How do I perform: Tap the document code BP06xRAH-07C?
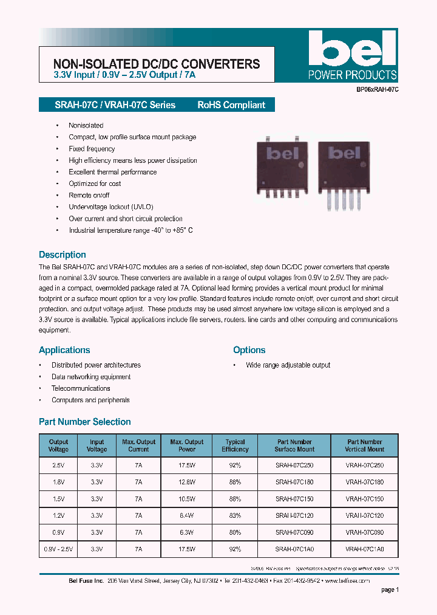click(x=377, y=89)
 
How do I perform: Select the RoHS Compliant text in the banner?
click(x=231, y=105)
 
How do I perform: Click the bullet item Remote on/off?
click(x=89, y=196)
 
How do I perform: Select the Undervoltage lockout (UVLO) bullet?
click(x=111, y=207)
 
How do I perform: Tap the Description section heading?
click(x=63, y=255)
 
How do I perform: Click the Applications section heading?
click(x=64, y=350)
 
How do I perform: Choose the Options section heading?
click(x=249, y=350)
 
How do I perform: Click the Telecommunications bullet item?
click(x=81, y=388)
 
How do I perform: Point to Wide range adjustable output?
click(x=288, y=365)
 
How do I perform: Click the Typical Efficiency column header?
click(x=235, y=445)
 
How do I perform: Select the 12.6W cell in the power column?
click(x=187, y=481)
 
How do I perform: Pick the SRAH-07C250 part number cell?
click(x=294, y=465)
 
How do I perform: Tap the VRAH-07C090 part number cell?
click(x=365, y=532)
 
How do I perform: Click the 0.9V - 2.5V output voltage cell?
click(x=59, y=549)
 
